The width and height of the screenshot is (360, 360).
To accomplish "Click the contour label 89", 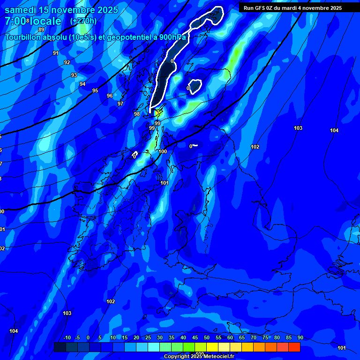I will (x=41, y=30).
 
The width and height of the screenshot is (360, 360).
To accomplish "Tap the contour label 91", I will (x=56, y=53).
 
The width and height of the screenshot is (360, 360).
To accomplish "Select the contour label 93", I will (x=74, y=75).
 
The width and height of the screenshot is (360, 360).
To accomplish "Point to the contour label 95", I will (x=95, y=90).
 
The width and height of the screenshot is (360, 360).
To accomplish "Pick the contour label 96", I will (x=110, y=96).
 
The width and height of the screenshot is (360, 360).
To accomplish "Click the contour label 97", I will (x=120, y=104).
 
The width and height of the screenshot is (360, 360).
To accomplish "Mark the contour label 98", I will (x=137, y=114).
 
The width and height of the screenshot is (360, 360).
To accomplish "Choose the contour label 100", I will (x=163, y=151).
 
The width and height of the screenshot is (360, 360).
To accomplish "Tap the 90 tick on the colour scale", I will (x=300, y=337).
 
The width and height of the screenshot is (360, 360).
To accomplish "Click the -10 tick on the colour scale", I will (x=67, y=337).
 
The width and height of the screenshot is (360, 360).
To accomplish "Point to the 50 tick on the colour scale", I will (x=207, y=337).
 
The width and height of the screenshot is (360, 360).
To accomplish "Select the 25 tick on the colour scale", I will (x=148, y=337).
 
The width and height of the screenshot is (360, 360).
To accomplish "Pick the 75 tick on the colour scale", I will (x=265, y=337).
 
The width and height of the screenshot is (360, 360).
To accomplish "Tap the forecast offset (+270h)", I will (x=83, y=21).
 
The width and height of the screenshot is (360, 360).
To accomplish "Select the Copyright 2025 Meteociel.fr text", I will (x=199, y=356).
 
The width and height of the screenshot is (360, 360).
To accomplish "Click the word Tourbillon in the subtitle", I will (x=22, y=37).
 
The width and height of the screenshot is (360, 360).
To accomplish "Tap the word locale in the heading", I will (x=46, y=21).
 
